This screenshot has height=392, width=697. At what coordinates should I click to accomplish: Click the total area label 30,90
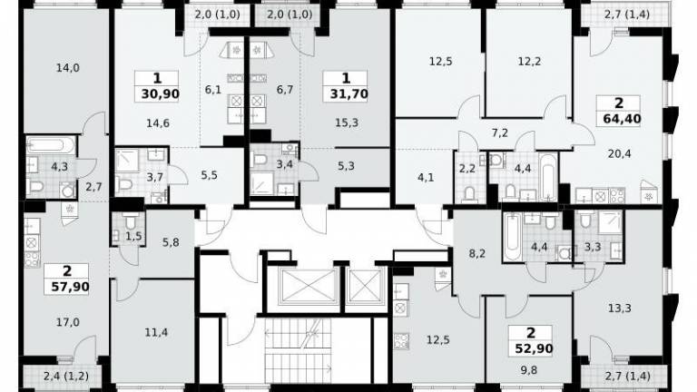tap(161, 93)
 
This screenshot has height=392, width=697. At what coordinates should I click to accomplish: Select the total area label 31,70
tap(348, 93)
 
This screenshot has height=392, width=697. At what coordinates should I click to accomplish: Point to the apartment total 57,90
tap(70, 287)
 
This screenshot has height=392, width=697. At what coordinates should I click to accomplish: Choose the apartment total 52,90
tap(534, 348)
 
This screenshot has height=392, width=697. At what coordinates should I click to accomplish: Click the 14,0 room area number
tap(68, 68)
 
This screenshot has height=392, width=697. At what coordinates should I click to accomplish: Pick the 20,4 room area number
tap(619, 153)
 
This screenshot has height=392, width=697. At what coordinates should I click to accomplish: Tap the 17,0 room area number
tap(68, 321)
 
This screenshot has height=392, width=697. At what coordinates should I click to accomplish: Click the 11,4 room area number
tap(156, 331)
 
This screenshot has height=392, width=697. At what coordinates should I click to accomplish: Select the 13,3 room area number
tap(619, 308)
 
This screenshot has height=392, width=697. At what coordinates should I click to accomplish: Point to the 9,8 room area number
tap(528, 369)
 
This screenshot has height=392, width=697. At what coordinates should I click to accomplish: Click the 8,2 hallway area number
tap(476, 254)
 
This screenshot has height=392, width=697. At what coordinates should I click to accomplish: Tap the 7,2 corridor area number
tap(500, 132)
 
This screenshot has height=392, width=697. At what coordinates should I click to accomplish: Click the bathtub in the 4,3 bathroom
tap(51, 146)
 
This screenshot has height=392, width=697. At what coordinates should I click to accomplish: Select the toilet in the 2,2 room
tap(469, 193)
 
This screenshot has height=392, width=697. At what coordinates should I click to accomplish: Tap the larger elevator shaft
tap(307, 286)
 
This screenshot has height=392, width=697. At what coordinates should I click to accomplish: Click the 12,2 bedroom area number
tap(529, 61)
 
